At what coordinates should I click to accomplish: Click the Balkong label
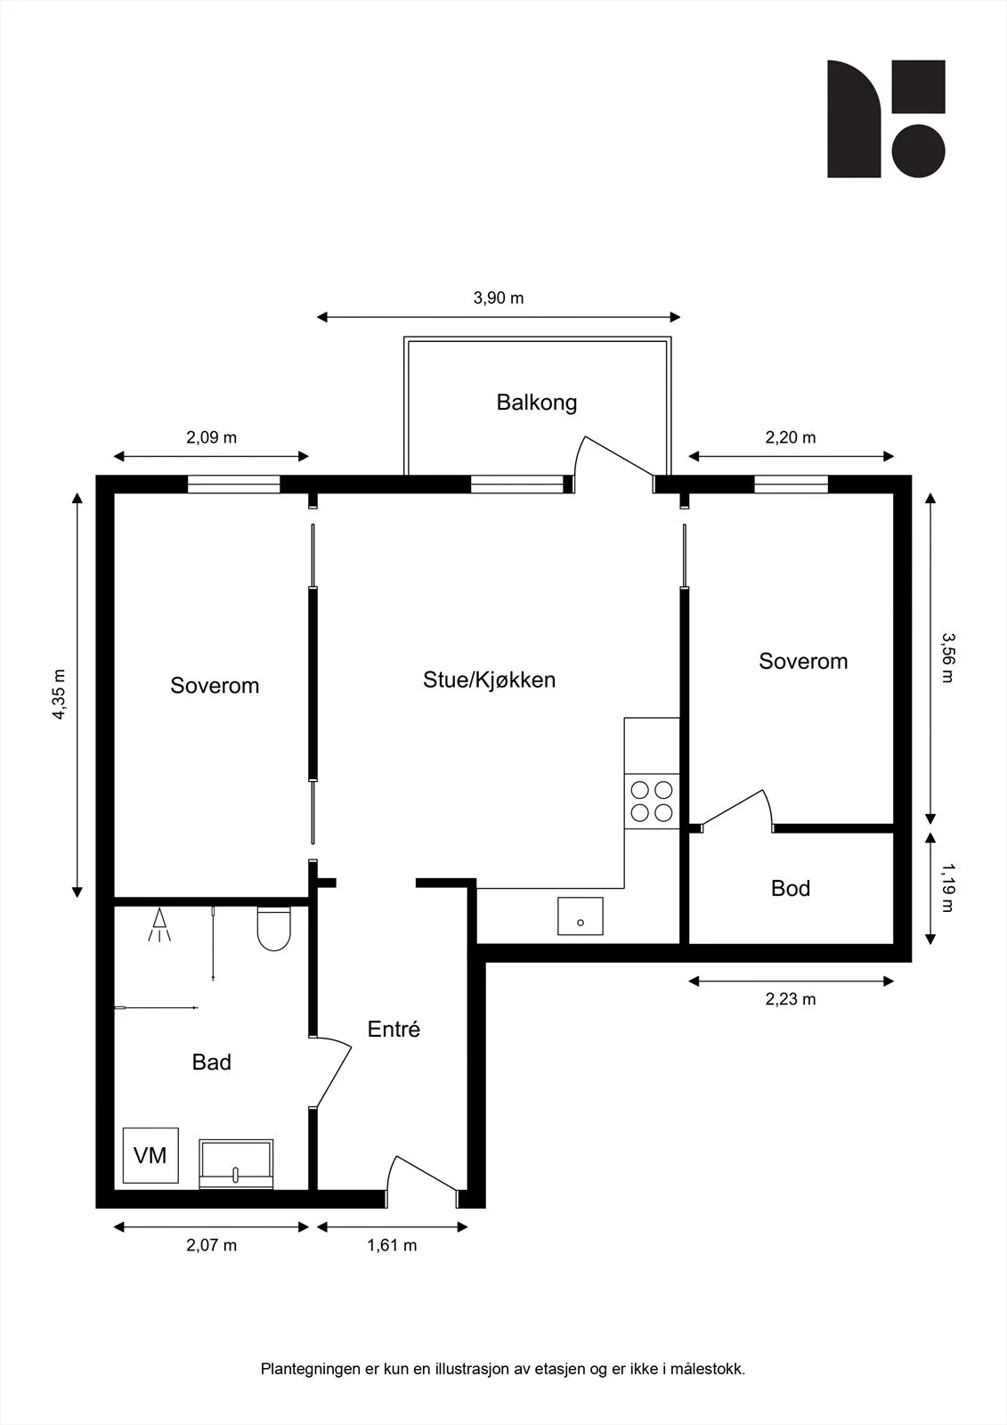(536, 403)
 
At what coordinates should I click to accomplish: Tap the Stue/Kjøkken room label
(489, 680)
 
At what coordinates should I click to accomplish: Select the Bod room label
(790, 888)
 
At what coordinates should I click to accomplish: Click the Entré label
(394, 1029)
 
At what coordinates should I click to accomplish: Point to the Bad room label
(211, 1062)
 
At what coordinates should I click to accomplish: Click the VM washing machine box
(150, 1155)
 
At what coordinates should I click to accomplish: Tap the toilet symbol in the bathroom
(274, 929)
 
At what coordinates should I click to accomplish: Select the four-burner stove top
(652, 801)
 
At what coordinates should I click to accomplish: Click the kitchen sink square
(581, 916)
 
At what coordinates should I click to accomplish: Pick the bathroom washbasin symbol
(236, 1163)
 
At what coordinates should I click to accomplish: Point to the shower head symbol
(159, 925)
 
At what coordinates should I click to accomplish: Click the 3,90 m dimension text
(498, 297)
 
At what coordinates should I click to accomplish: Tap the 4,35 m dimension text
(59, 694)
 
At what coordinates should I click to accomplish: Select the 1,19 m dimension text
(947, 887)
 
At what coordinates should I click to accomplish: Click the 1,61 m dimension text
(392, 1245)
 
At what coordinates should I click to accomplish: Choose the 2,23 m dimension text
(790, 998)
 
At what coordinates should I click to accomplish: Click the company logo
(886, 119)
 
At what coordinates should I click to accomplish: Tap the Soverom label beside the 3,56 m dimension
(803, 661)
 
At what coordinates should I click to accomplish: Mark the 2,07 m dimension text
(211, 1245)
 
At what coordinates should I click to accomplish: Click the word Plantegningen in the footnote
(311, 1369)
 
